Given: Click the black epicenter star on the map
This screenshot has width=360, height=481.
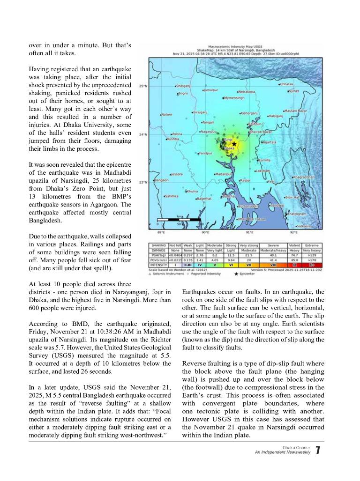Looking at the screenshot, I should coord(234,144).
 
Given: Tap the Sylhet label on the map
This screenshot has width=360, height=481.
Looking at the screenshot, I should coord(294,91).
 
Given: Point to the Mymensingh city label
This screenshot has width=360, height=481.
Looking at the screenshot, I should coord(234,98).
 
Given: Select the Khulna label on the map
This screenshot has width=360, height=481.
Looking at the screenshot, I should coord(192,191).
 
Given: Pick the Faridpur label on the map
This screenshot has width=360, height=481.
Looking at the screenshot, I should coord(205,153).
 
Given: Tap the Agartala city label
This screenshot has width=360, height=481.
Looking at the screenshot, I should coord(270,142).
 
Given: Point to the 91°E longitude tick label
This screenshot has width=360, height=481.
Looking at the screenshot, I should coord(249,232).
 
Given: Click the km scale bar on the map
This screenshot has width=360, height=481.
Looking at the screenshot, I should coord(179,219).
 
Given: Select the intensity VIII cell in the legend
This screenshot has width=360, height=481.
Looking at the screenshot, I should coord(273,265).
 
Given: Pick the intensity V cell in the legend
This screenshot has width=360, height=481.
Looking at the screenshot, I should coord(214,265).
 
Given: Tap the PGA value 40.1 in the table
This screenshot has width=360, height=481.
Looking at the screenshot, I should coord(273,255).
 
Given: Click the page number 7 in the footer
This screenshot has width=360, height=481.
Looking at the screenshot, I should coord(317,451).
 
